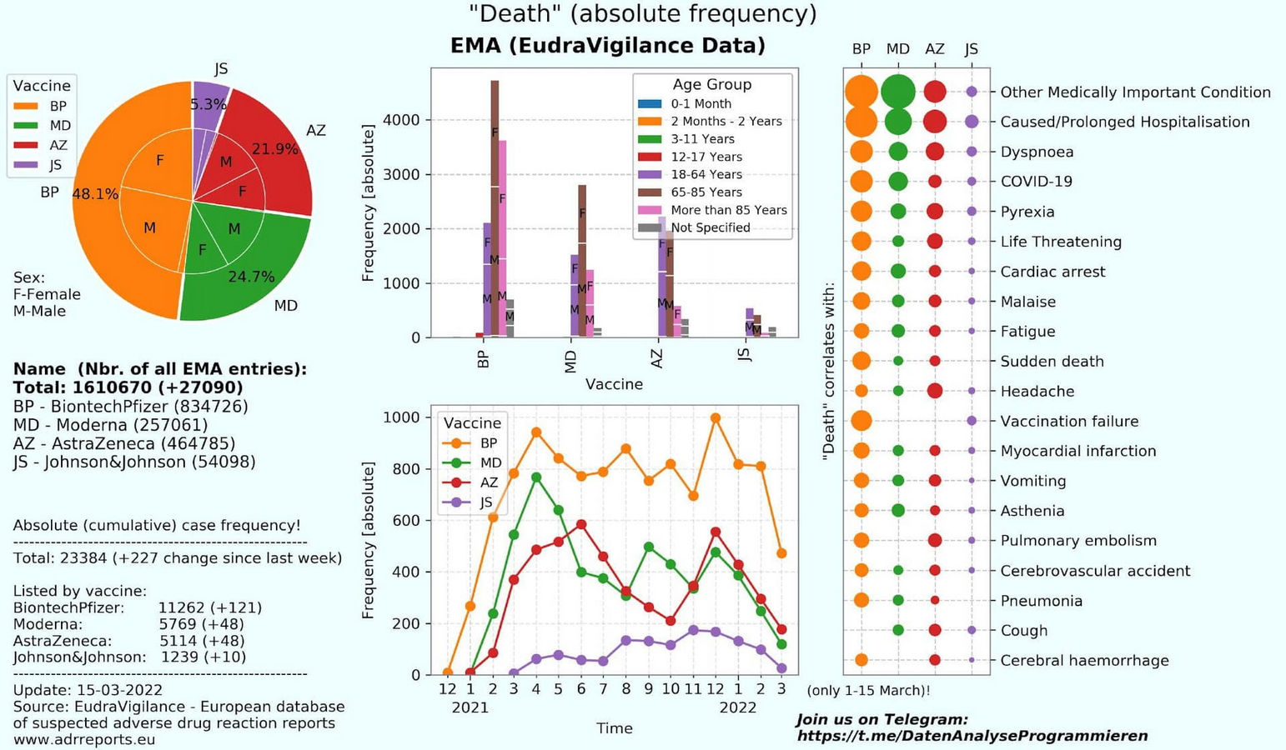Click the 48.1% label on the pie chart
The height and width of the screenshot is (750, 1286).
(x=95, y=194)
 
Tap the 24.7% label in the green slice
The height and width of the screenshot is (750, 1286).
(x=251, y=277)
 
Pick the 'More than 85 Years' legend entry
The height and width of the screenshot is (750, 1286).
(x=728, y=210)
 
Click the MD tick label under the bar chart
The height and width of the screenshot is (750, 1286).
(x=571, y=362)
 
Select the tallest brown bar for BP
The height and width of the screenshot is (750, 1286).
(x=495, y=208)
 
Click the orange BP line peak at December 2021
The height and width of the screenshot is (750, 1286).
(x=715, y=418)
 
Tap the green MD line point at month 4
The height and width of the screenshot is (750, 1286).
(x=536, y=477)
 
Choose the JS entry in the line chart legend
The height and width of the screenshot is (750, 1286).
(x=486, y=502)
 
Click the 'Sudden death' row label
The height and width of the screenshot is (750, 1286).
(x=1052, y=361)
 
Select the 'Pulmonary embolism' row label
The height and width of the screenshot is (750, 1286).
(x=1078, y=541)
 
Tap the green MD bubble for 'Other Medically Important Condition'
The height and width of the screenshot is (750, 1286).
(x=897, y=91)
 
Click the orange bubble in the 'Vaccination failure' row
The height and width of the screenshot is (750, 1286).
(x=862, y=421)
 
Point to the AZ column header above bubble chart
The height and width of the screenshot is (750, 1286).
(x=934, y=49)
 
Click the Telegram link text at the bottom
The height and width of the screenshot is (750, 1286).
(x=972, y=736)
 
